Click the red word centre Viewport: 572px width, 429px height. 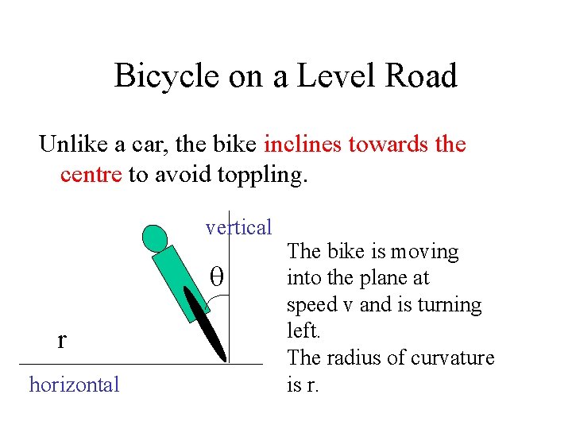(91, 174)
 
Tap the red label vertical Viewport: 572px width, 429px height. (238, 228)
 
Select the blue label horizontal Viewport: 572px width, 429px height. (74, 385)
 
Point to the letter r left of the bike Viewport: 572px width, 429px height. (62, 339)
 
